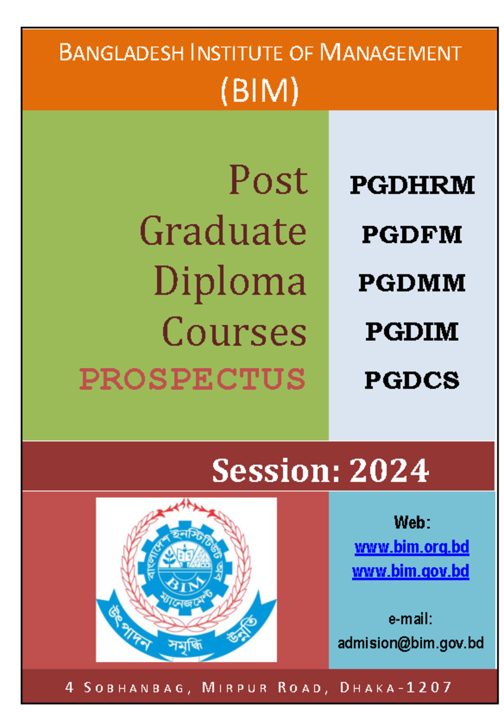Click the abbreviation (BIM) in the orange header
tap(260, 91)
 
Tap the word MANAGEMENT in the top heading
tap(391, 53)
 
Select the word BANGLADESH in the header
tap(121, 53)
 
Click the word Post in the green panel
tap(268, 180)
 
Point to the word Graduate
tap(223, 231)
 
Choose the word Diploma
tap(230, 282)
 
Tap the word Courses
tap(234, 332)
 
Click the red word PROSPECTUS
tap(192, 379)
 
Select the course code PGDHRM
tap(412, 185)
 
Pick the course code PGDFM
tap(412, 234)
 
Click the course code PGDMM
tap(412, 283)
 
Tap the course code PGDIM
tap(412, 332)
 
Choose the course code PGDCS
tap(412, 380)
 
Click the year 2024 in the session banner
tap(389, 470)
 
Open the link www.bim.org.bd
tap(412, 547)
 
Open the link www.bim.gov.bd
tap(411, 572)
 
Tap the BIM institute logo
tap(186, 580)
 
